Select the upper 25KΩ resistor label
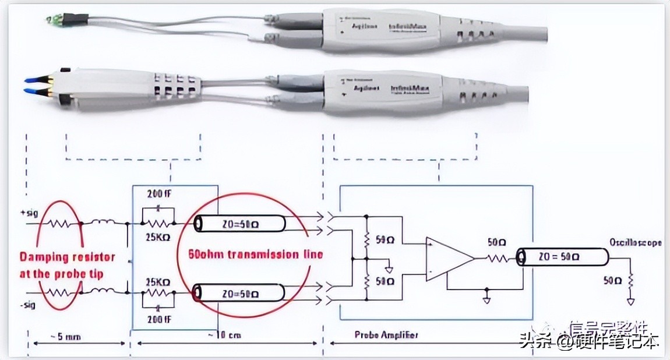[157, 238]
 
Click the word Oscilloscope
[636, 243]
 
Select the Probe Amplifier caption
[385, 335]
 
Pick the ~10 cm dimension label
[224, 336]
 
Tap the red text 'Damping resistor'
[68, 257]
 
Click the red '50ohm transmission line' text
[255, 255]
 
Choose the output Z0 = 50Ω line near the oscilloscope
[559, 256]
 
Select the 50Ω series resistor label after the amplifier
[496, 242]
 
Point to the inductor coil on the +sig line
[104, 222]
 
